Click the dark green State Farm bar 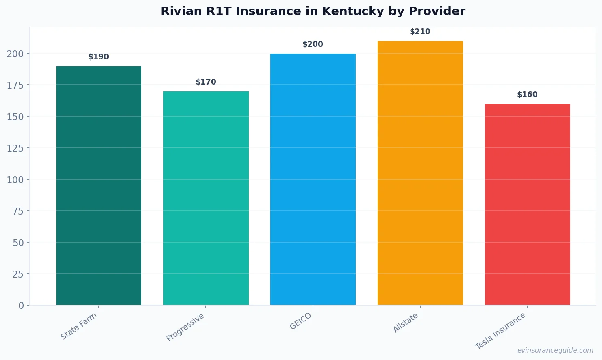click(99, 185)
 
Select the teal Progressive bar click(206, 198)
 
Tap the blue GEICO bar click(313, 179)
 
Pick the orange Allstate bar click(420, 173)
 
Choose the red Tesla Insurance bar click(527, 204)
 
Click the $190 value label click(99, 57)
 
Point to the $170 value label click(206, 82)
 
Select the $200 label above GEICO click(313, 44)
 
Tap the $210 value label click(420, 32)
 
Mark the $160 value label click(527, 95)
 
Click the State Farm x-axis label click(79, 326)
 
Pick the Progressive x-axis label click(185, 327)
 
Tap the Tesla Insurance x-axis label click(500, 331)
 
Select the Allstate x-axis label click(405, 323)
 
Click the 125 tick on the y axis click(15, 148)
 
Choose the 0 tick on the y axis click(21, 306)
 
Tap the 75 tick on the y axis click(18, 211)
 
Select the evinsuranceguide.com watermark click(555, 350)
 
